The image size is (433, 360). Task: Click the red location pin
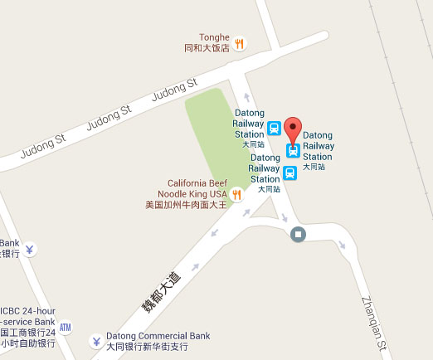point(293,132)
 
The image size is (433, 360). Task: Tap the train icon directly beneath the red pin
point(293,150)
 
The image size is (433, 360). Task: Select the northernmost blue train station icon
point(274,129)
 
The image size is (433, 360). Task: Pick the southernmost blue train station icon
point(289,173)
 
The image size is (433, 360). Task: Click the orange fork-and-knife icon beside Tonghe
point(240,43)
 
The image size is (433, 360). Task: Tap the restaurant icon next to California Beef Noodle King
point(236,194)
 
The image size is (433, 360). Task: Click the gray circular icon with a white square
point(298,234)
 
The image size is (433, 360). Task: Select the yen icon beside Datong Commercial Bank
point(96,341)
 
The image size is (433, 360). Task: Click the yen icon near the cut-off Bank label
point(30,248)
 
